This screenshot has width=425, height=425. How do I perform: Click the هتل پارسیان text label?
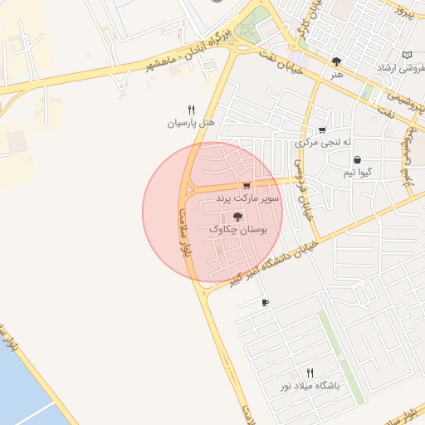click(x=191, y=123)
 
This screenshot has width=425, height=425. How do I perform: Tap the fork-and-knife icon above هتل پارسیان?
click(x=191, y=109)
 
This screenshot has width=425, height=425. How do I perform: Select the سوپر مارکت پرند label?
click(x=248, y=198)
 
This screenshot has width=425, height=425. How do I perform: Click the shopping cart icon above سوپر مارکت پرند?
click(x=247, y=186)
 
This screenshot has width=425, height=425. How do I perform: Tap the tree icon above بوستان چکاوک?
click(x=238, y=215)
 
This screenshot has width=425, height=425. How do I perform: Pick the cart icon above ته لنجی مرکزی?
click(x=322, y=130)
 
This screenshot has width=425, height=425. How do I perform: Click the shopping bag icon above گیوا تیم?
click(x=357, y=160)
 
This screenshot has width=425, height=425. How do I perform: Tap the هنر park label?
click(x=336, y=75)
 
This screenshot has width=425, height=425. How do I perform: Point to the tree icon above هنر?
click(x=336, y=61)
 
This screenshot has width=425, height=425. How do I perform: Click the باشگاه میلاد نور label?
click(x=310, y=386)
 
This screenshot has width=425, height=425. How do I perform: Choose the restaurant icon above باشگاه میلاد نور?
click(x=310, y=373)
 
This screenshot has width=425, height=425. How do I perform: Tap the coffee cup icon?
click(x=265, y=303)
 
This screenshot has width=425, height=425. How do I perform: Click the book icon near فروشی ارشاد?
click(x=407, y=55)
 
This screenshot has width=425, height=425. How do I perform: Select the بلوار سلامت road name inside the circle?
click(x=184, y=233)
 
